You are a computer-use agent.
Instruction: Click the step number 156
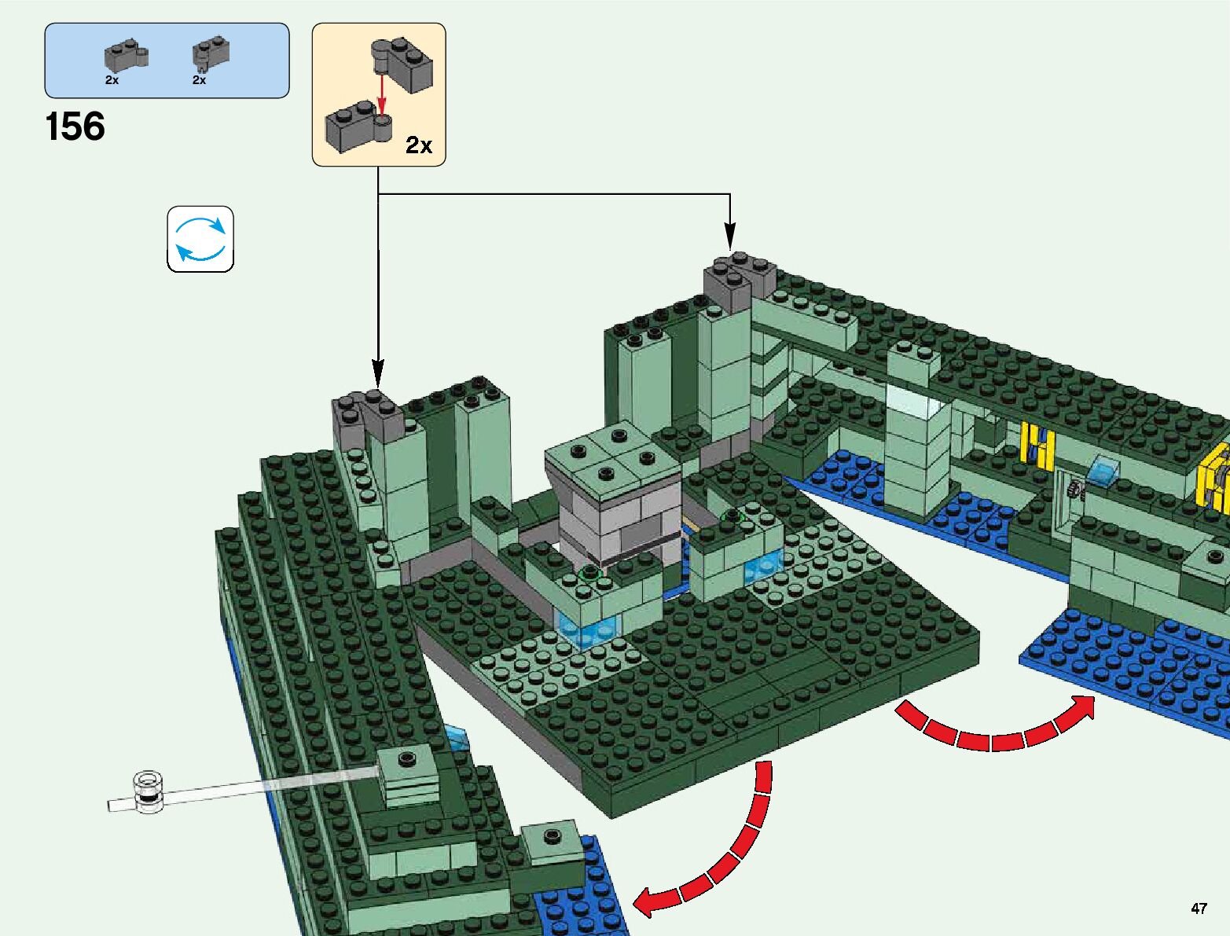[75, 127]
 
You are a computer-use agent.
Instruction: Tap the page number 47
[1198, 908]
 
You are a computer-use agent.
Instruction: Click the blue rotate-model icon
[200, 239]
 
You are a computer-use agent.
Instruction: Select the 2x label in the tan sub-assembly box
[419, 145]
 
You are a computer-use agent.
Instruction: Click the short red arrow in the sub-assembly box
[382, 95]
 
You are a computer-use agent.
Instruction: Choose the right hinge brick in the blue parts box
[211, 54]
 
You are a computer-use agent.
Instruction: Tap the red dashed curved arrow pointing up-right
[998, 727]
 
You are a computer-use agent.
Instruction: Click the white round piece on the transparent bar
[148, 791]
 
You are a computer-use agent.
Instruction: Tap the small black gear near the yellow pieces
[1076, 492]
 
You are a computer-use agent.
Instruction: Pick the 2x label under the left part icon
[112, 80]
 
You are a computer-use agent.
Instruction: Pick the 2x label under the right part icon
[199, 80]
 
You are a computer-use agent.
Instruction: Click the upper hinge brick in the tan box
[404, 64]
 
